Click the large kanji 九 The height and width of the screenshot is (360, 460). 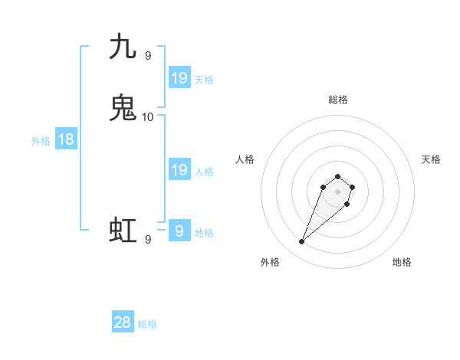123,47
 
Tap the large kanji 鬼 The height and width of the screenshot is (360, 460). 123,108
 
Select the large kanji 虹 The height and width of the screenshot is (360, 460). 123,231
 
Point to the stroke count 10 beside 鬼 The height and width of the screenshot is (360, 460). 148,117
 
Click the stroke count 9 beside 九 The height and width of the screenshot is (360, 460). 147,55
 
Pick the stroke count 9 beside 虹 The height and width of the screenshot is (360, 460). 147,240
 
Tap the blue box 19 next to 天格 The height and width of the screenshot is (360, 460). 179,78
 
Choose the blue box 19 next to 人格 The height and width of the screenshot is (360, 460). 179,170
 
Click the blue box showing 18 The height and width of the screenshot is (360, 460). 66,139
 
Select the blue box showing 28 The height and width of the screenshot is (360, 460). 123,322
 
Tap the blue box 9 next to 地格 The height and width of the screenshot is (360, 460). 179,231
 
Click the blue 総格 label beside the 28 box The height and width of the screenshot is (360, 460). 147,325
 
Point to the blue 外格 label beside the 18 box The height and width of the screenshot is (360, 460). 41,141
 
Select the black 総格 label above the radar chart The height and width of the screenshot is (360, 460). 338,100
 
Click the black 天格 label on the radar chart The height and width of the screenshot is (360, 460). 431,159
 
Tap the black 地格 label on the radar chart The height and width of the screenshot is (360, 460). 402,262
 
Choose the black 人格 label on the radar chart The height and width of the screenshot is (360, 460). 245,159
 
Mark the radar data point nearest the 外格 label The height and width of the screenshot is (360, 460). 302,242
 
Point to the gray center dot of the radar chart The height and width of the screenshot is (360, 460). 338,191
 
